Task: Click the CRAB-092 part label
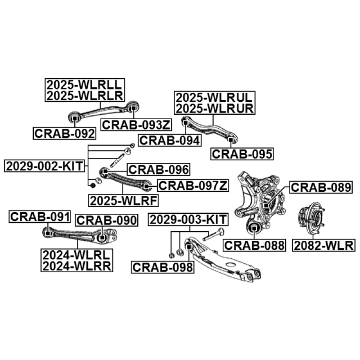pyautogui.click(x=65, y=133)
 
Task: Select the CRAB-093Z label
pyautogui.click(x=130, y=124)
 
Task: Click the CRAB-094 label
pyautogui.click(x=169, y=140)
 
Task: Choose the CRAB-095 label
pyautogui.click(x=242, y=154)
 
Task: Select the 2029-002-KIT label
pyautogui.click(x=45, y=166)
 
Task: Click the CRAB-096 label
pyautogui.click(x=158, y=170)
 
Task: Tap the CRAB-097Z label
pyautogui.click(x=193, y=185)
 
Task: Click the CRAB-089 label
pyautogui.click(x=320, y=187)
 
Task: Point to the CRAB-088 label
pyautogui.click(x=254, y=245)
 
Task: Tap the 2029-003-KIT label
pyautogui.click(x=188, y=220)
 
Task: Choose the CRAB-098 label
pyautogui.click(x=163, y=267)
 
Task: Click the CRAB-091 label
pyautogui.click(x=40, y=216)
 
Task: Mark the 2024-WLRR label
pyautogui.click(x=76, y=266)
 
